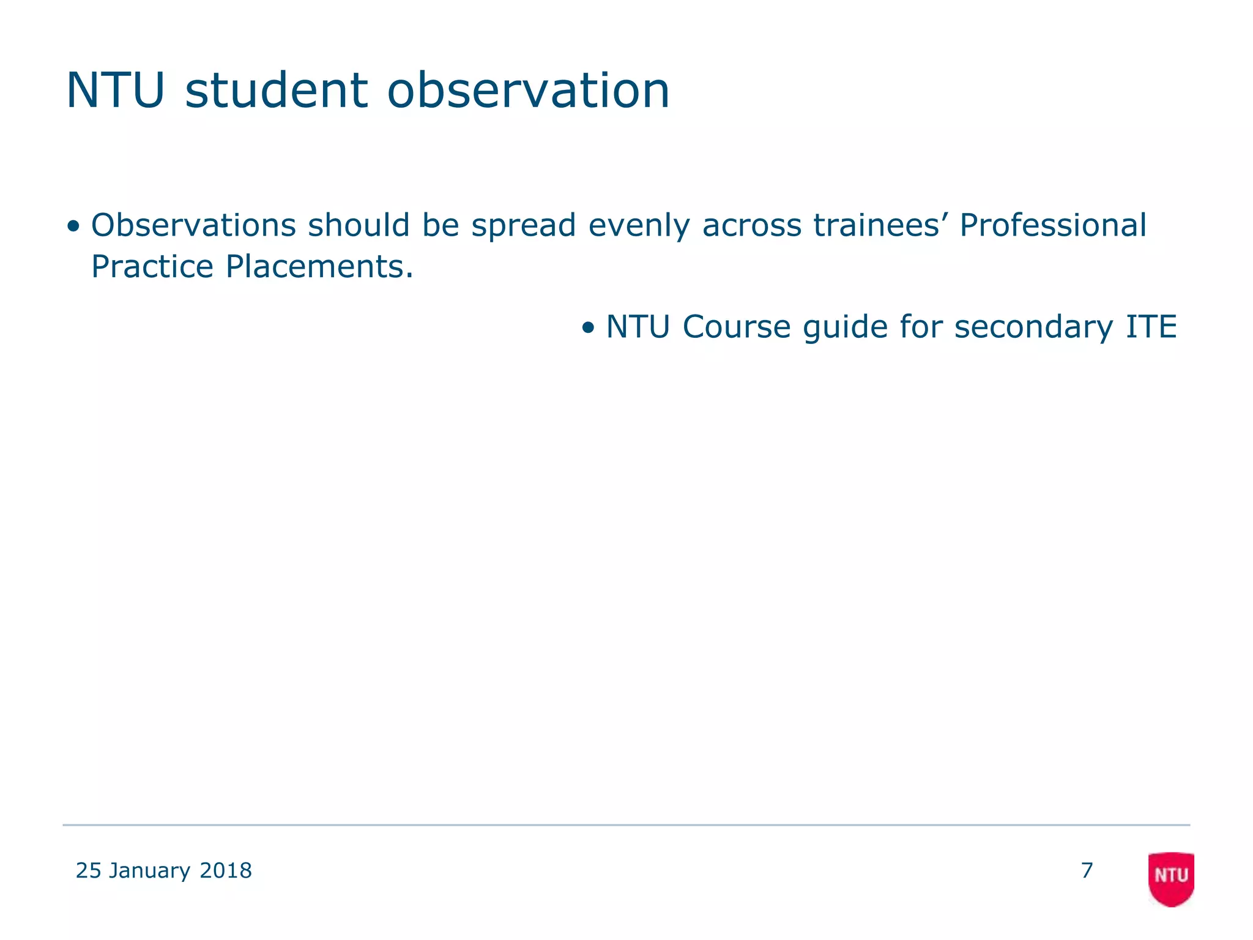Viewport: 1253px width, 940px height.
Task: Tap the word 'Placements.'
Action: coord(319,266)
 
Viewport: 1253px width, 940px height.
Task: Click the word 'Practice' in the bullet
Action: coord(152,266)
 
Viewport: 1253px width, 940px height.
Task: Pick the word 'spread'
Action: coord(523,226)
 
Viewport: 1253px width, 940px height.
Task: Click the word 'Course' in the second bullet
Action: coord(737,326)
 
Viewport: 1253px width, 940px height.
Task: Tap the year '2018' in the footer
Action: coord(226,870)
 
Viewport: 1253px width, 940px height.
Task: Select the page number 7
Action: coord(1087,870)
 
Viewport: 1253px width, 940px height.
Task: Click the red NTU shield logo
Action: coord(1170,878)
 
